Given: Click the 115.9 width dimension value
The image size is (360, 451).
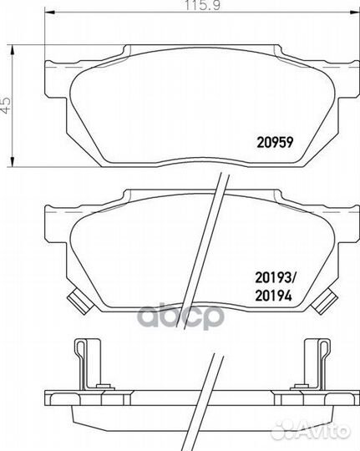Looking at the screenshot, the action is (203, 5).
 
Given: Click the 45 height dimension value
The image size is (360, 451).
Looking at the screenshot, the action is (6, 104).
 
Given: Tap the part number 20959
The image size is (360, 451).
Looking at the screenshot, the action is (275, 142).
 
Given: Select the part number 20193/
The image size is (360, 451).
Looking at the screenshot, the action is (276, 277).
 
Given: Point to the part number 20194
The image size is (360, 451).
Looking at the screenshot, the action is (274, 296).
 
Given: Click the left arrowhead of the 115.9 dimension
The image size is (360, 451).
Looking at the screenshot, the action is (50, 13).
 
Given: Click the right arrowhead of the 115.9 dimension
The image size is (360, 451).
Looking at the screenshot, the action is (354, 13).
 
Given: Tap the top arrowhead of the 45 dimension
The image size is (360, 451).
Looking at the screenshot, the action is (12, 50).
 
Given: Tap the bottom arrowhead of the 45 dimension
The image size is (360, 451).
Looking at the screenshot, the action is (12, 161).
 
